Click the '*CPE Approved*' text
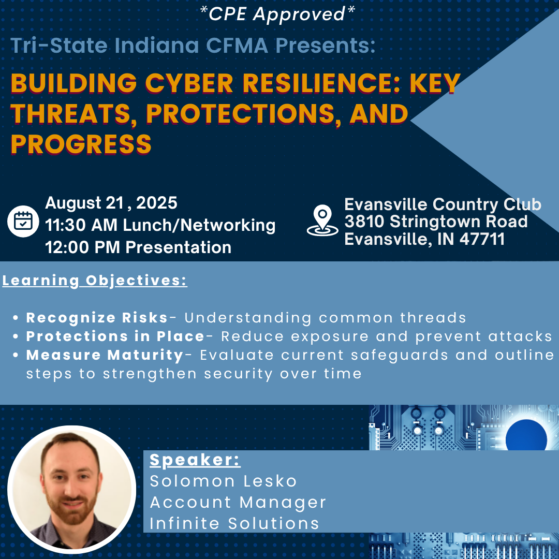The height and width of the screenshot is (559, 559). [x=277, y=14]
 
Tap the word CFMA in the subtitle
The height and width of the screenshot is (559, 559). [x=237, y=46]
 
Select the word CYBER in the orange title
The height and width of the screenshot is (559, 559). [x=189, y=83]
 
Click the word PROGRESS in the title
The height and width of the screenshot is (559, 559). [x=81, y=144]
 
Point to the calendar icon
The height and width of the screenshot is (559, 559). [x=23, y=222]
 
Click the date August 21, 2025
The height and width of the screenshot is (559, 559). [x=111, y=203]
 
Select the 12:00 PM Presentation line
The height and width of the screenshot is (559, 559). [x=138, y=247]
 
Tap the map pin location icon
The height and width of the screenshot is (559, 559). [x=322, y=220]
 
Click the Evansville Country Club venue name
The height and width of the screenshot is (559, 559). [x=443, y=204]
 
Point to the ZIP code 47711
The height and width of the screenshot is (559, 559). [x=482, y=239]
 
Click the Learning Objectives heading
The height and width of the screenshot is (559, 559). [x=95, y=281]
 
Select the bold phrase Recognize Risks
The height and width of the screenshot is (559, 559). [x=97, y=318]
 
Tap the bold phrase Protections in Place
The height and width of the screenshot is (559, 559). [x=115, y=336]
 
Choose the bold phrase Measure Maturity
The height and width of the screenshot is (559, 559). [x=105, y=355]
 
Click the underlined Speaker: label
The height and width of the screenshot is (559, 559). [x=195, y=460]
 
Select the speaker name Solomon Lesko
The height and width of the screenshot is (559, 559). [x=223, y=481]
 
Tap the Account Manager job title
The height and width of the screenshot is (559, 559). [x=238, y=503]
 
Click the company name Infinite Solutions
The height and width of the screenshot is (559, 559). [x=234, y=523]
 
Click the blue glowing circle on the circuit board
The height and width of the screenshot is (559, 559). [x=526, y=439]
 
